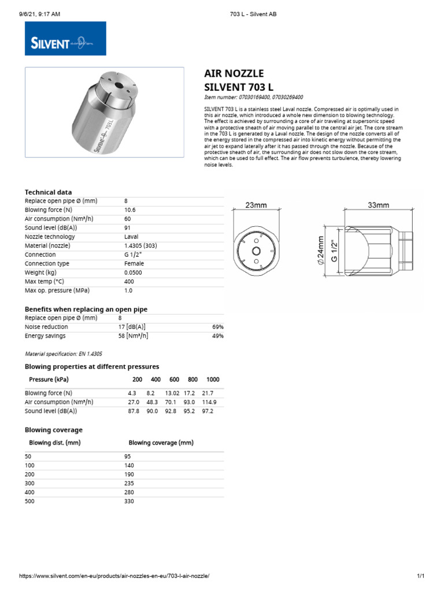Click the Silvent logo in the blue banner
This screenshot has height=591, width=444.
tap(65, 39)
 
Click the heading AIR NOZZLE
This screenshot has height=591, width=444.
tap(234, 73)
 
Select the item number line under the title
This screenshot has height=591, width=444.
tap(254, 98)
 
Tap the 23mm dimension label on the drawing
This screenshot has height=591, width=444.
tap(256, 205)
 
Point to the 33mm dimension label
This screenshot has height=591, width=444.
tap(379, 205)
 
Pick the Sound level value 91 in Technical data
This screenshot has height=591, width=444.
tap(128, 228)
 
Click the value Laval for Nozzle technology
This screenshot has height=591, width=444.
tap(131, 237)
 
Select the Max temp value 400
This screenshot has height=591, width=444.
tap(129, 282)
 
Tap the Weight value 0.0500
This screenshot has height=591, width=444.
tap(132, 272)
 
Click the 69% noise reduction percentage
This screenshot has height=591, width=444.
tap(218, 327)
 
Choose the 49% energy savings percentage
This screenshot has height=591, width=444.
tap(218, 336)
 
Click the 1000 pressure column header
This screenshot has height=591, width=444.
tap(213, 380)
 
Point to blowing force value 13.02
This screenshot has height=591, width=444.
tap(173, 393)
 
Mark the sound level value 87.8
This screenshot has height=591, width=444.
tap(134, 412)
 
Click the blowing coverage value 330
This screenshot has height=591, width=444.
tap(129, 502)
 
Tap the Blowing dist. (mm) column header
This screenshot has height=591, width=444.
tap(54, 443)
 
